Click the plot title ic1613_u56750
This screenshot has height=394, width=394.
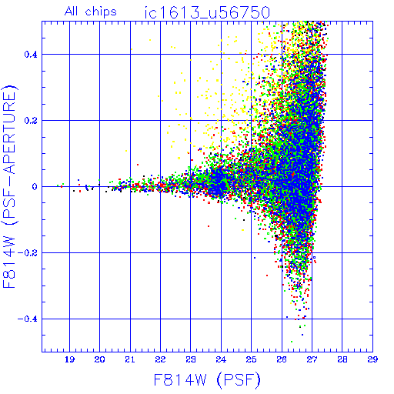(x=207, y=12)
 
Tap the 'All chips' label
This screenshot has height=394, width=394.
(x=91, y=12)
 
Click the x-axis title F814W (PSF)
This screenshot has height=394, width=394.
(x=207, y=380)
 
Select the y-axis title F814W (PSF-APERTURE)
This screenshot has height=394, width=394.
(x=9, y=186)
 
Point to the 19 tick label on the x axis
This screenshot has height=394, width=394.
(x=69, y=359)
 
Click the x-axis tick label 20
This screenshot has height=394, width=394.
(x=99, y=359)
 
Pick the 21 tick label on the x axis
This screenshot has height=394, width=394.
(x=130, y=359)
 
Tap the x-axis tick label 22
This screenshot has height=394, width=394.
(x=160, y=359)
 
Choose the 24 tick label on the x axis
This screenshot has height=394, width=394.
(x=221, y=359)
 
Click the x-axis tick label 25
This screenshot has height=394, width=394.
(x=251, y=359)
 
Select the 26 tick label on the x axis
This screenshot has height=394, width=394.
(x=282, y=359)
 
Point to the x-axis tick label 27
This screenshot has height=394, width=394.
(x=312, y=359)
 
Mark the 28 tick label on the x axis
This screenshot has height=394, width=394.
(x=342, y=359)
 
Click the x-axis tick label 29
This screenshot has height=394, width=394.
(x=372, y=359)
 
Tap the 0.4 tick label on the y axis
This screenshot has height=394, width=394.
(x=31, y=55)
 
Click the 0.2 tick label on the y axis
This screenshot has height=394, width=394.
(x=31, y=121)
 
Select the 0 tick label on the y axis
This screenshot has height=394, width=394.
(x=35, y=187)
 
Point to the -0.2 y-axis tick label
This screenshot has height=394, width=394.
(x=28, y=253)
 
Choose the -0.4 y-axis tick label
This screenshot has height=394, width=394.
(x=28, y=319)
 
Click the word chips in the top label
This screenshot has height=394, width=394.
(x=101, y=12)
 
